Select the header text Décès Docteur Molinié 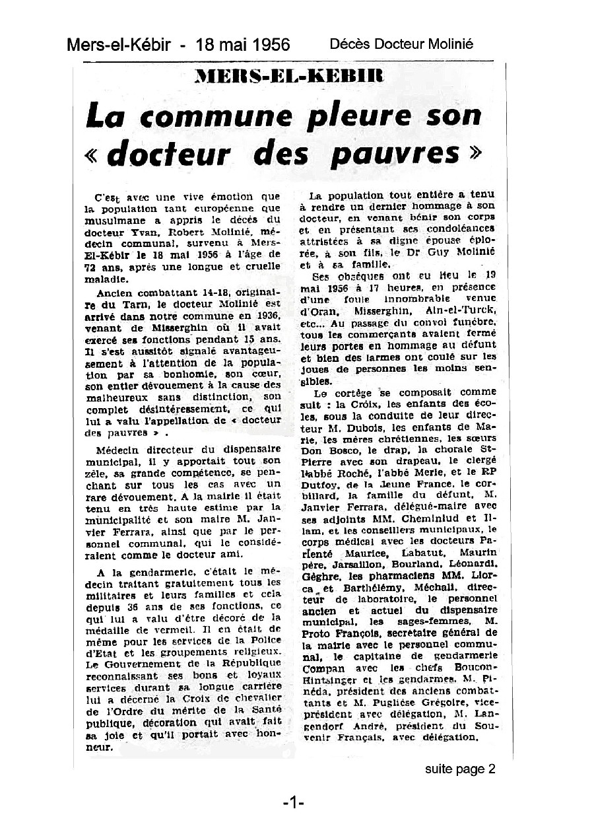point(401,44)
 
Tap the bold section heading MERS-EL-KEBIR point(289,75)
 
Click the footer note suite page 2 point(460,769)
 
